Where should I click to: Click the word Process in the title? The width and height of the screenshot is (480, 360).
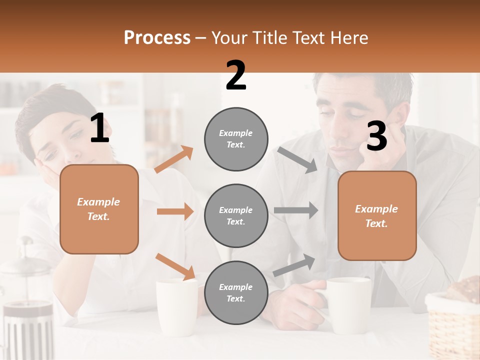(157, 38)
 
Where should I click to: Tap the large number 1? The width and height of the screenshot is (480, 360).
(99, 128)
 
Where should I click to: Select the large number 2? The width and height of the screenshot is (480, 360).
(236, 75)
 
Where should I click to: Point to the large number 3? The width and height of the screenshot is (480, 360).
(376, 136)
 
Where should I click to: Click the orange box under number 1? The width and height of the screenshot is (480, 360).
(99, 209)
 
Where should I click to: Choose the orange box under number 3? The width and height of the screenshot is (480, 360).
(377, 216)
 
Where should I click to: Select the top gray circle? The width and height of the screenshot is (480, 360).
(236, 139)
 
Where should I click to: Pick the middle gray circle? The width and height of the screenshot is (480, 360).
(236, 216)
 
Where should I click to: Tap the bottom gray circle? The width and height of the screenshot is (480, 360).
(236, 292)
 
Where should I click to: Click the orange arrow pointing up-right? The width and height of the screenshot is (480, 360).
(174, 159)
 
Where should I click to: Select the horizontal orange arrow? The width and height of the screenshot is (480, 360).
(175, 211)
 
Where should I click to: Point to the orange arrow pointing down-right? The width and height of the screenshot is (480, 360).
(175, 266)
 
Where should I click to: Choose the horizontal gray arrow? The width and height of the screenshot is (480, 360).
(296, 210)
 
